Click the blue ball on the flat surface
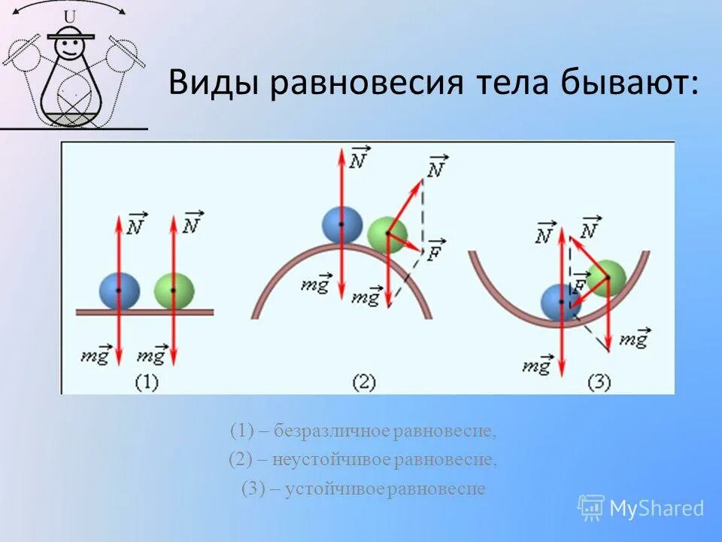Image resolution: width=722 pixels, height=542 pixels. [x=120, y=291]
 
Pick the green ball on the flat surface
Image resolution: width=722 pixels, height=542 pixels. [x=174, y=291]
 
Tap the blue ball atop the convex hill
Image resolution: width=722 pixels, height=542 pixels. [x=341, y=224]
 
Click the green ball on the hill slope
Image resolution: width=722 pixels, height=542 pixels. [x=387, y=234]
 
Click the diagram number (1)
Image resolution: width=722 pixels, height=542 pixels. [x=146, y=382]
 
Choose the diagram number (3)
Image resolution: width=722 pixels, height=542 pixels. [x=599, y=382]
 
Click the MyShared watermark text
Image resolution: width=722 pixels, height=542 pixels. [x=656, y=509]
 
